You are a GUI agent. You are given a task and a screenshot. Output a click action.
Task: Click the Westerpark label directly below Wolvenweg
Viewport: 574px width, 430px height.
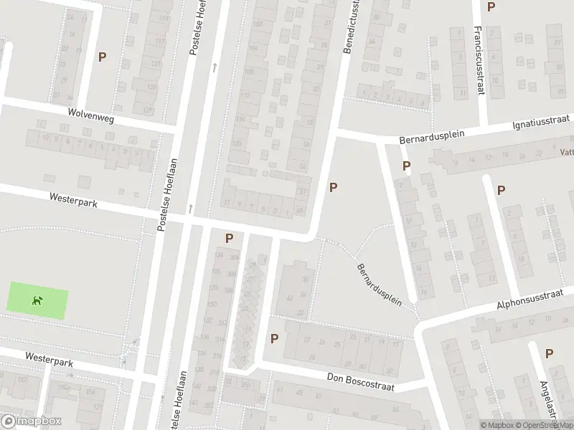(x=73, y=200)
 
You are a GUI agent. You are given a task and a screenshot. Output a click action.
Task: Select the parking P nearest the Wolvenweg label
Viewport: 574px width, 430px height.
(x=102, y=57)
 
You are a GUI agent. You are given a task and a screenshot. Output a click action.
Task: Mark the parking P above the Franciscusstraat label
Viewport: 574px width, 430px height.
(x=491, y=7)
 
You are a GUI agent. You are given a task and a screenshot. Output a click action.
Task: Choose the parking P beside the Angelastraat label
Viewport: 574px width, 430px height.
(x=549, y=353)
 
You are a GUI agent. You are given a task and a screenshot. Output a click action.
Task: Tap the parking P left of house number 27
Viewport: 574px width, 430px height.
(x=273, y=338)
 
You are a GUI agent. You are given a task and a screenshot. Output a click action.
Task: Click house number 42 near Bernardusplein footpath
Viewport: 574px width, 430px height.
(x=289, y=297)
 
